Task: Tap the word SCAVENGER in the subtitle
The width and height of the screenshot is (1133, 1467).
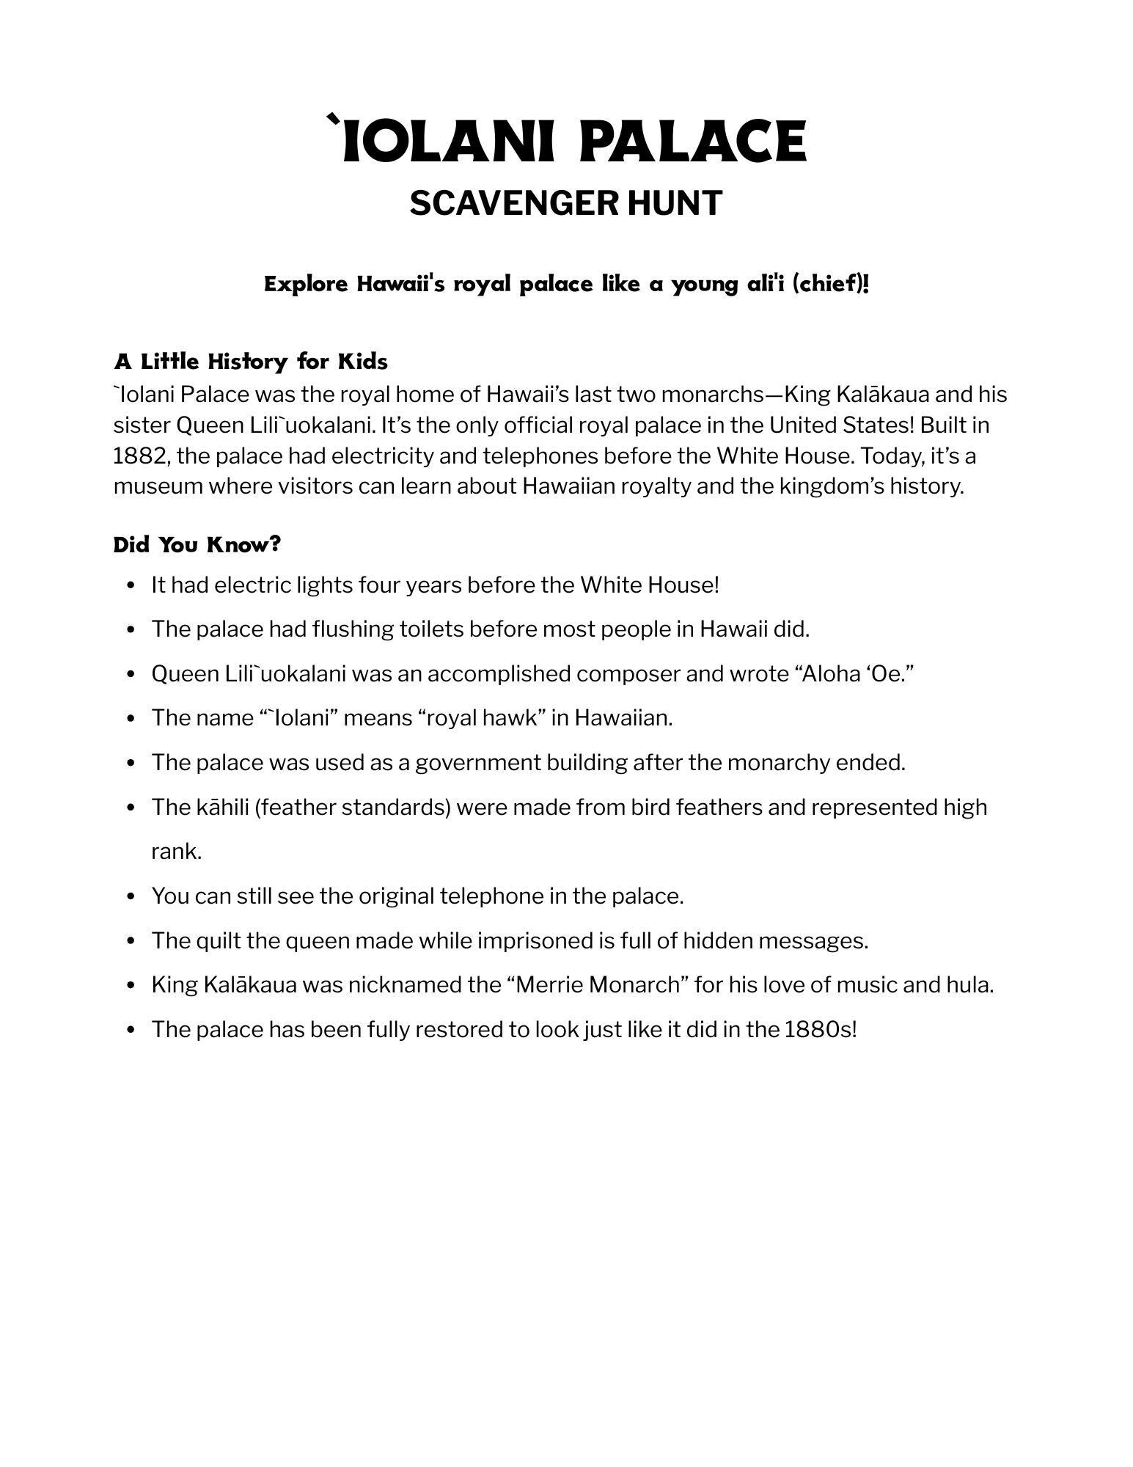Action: coord(505,203)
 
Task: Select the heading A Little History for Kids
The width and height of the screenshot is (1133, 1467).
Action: coord(251,362)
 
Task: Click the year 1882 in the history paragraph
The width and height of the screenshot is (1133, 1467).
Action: coord(138,456)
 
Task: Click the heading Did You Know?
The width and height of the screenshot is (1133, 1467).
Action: coord(197,545)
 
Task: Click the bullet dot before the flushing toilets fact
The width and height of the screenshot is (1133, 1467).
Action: coord(131,630)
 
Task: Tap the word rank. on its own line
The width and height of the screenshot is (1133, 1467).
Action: coord(176,852)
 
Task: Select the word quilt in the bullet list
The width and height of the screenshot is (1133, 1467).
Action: coord(218,940)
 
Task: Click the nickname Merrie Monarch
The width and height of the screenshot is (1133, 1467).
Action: coord(598,984)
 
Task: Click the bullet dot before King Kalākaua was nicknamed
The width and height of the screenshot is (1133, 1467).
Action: coord(131,986)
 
